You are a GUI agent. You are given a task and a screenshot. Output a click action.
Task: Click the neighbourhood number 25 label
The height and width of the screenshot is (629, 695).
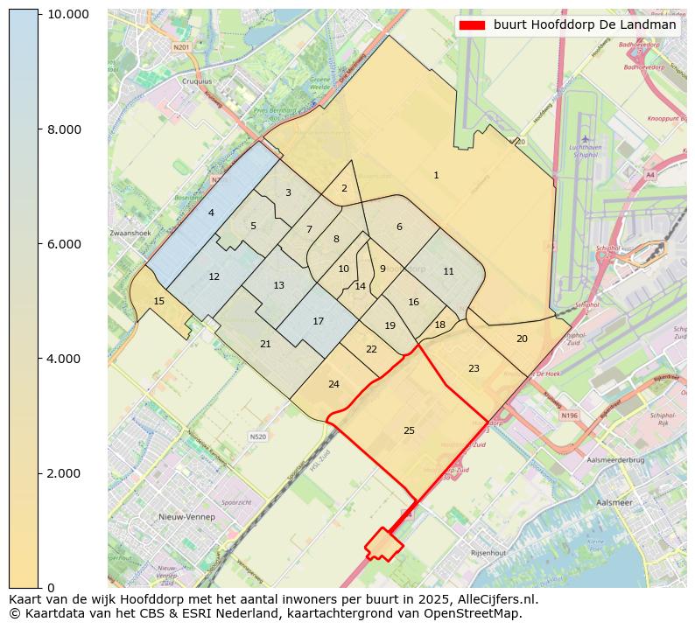point(409,430)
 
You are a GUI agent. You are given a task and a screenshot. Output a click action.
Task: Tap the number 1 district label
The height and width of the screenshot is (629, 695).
point(436,176)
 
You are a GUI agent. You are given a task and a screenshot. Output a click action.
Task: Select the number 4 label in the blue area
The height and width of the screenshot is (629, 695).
point(211,213)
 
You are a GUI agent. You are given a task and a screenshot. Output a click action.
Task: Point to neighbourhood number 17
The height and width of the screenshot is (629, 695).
point(319,321)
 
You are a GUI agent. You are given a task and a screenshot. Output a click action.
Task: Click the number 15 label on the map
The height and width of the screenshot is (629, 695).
point(158,301)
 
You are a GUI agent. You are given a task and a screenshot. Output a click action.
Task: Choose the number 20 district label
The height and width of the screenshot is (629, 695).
point(522,339)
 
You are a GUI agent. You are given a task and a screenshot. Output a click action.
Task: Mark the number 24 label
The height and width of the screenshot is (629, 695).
point(333,384)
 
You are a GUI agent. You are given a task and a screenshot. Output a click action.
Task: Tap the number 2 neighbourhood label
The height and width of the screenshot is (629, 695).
point(344,188)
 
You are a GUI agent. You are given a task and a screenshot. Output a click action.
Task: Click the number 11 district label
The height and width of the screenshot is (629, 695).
point(448,271)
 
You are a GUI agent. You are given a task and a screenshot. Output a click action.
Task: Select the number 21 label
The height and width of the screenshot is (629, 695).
point(265,344)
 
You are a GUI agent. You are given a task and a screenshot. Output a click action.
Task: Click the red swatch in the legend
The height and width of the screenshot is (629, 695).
point(471,25)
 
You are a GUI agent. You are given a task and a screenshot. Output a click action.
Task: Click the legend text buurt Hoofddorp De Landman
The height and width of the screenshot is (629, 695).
point(584,25)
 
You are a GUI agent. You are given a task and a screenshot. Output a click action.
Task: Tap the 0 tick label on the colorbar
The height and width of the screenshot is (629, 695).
point(51,587)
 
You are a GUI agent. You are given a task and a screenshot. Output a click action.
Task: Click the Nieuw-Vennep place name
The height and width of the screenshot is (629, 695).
point(186,517)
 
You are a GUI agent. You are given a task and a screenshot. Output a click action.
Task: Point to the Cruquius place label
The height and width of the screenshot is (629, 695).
point(196,81)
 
